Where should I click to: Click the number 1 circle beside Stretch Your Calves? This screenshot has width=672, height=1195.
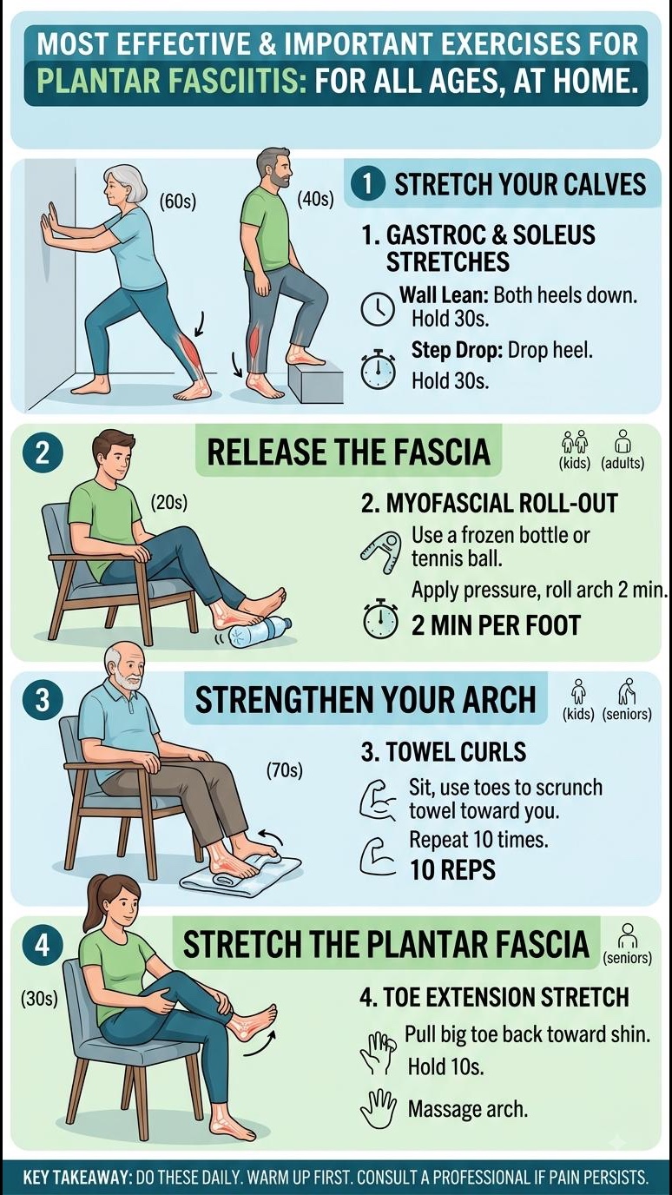tap(368, 185)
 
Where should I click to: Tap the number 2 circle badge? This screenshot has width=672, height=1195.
tap(43, 453)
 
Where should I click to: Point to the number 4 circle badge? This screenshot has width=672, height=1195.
tap(43, 947)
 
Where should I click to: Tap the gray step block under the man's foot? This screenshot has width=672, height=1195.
tap(314, 380)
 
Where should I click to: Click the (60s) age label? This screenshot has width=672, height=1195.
tap(178, 202)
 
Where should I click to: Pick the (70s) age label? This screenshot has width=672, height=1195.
tap(284, 770)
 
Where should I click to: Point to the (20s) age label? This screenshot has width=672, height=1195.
tap(169, 503)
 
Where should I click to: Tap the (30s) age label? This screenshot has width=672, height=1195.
tap(39, 999)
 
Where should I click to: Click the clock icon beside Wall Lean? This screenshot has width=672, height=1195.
tap(379, 308)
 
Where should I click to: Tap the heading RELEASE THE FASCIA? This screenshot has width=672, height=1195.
tap(348, 452)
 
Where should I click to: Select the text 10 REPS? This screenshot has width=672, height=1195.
tap(452, 869)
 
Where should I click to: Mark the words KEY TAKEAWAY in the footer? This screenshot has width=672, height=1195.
tap(78, 1176)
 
